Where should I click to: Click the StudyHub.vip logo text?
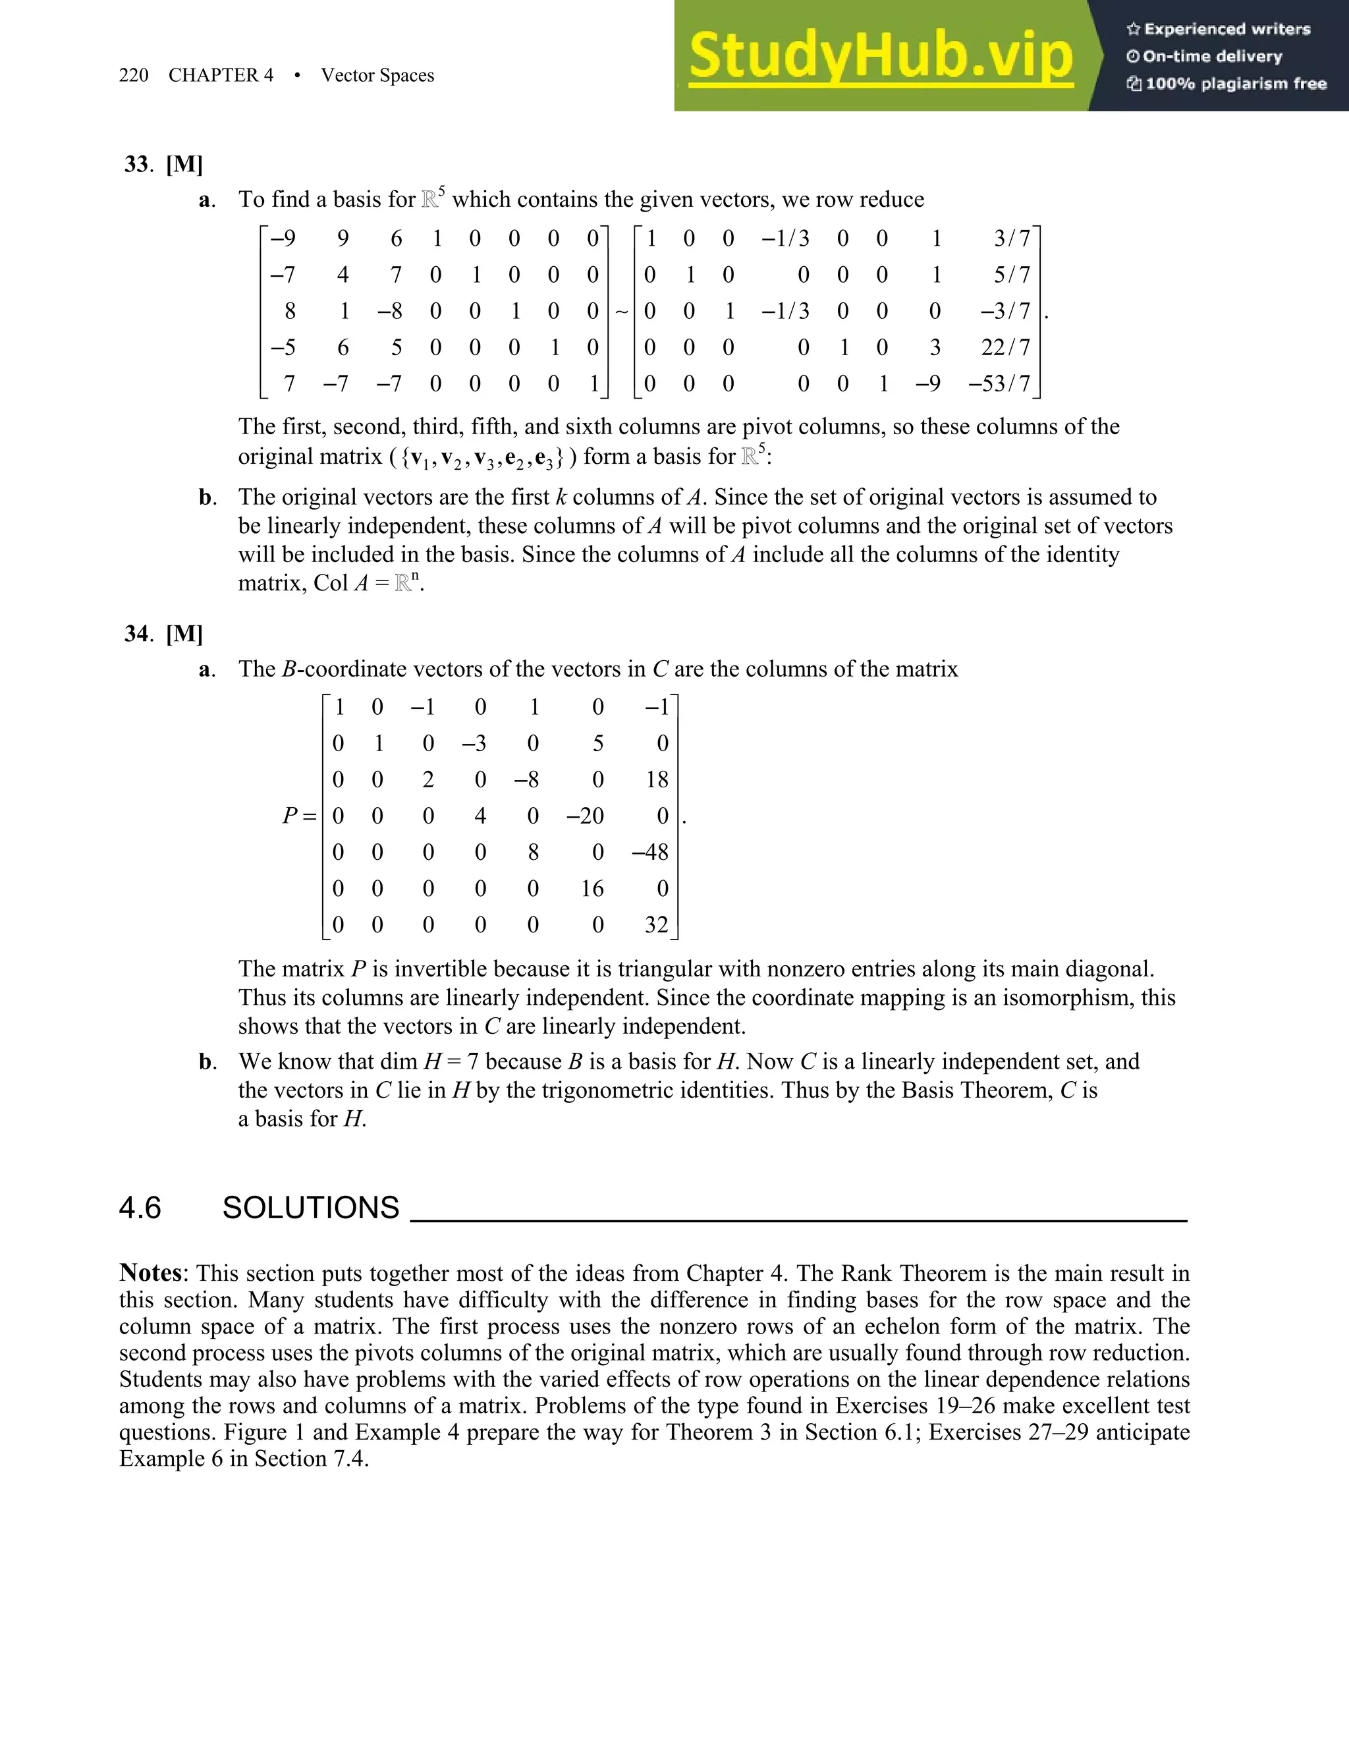880,56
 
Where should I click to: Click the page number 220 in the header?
134,75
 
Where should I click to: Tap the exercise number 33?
136,165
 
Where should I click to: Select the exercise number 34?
136,634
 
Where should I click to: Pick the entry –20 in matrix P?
585,816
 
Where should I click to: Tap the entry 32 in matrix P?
656,925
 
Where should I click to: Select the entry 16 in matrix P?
592,889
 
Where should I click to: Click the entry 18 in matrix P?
657,779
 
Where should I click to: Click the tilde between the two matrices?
622,312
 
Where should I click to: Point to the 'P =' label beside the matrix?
299,816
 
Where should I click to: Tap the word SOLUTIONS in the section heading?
310,1208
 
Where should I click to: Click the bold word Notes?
151,1273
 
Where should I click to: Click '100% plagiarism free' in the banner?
1235,84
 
